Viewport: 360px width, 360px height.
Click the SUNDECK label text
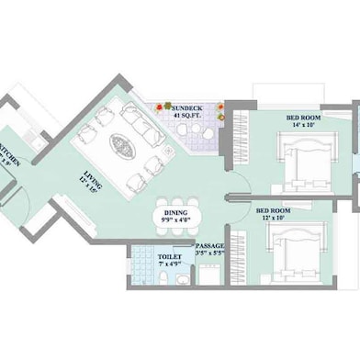[191, 107]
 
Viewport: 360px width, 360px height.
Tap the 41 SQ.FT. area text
[191, 117]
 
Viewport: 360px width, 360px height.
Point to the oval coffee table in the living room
[122, 144]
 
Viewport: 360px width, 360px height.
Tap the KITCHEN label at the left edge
[6, 152]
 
